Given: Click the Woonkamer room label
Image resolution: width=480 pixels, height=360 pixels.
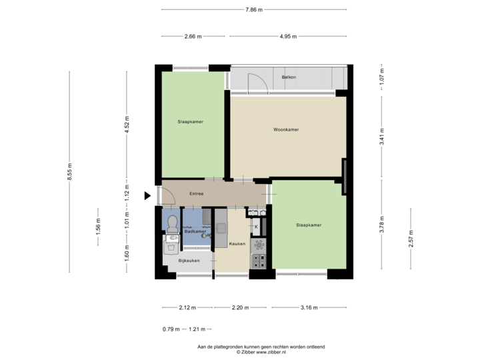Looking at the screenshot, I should [285, 129].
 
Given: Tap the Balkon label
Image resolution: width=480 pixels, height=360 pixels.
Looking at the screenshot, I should [289, 77].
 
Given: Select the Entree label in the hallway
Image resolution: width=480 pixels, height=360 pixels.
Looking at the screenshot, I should [196, 194].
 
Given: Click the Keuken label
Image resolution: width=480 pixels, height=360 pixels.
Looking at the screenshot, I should [237, 244].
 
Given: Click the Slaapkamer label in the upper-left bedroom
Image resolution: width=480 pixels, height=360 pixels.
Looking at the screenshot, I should [191, 122].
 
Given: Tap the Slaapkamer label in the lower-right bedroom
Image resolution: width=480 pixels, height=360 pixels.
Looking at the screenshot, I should [309, 225].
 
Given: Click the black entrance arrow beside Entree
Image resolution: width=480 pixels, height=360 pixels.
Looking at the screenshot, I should [147, 195].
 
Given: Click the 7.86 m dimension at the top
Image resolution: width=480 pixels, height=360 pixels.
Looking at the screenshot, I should [254, 10].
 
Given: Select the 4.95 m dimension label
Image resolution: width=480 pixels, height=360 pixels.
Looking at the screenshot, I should [288, 36].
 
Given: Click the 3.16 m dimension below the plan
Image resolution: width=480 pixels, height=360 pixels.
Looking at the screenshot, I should [309, 308].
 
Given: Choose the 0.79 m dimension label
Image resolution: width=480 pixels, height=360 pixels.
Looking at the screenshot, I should [171, 329].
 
